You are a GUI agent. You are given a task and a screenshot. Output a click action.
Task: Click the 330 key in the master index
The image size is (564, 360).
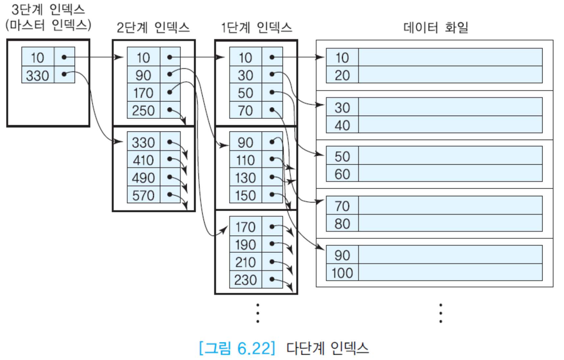click(38, 75)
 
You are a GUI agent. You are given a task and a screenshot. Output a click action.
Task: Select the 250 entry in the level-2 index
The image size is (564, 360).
click(143, 110)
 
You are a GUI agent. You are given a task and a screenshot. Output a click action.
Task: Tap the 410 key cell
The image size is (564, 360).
click(143, 160)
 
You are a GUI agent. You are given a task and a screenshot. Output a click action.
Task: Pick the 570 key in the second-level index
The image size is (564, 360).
click(143, 196)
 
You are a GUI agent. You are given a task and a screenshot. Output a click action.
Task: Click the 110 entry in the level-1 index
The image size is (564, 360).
click(245, 160)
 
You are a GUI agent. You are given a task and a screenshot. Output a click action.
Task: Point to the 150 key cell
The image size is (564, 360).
click(245, 196)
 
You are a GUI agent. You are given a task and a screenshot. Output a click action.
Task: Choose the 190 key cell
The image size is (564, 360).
click(245, 245)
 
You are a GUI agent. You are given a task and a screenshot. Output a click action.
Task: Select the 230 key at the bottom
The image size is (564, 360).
click(245, 280)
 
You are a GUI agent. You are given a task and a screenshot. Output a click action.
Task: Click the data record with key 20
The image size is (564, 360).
click(342, 75)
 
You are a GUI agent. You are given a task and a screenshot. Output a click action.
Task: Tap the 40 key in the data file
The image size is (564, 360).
click(342, 125)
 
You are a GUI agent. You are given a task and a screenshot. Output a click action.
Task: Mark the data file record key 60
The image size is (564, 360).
click(342, 174)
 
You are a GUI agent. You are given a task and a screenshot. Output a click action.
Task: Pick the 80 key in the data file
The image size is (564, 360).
click(342, 224)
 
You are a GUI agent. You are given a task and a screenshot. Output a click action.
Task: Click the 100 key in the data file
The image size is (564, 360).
click(342, 273)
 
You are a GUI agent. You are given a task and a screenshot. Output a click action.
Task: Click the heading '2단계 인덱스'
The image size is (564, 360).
click(153, 27)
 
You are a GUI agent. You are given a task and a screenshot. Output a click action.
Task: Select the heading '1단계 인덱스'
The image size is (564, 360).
click(256, 27)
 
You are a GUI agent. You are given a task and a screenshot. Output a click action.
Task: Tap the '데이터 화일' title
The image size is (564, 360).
click(436, 27)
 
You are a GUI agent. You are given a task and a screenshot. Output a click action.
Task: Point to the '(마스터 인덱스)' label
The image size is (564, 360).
click(48, 25)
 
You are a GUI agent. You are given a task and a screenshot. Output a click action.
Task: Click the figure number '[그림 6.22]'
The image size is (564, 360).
click(237, 348)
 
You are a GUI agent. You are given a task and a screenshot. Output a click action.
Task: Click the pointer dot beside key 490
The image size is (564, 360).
click(170, 177)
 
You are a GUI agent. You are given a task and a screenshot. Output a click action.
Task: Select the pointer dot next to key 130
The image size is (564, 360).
click(272, 177)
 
